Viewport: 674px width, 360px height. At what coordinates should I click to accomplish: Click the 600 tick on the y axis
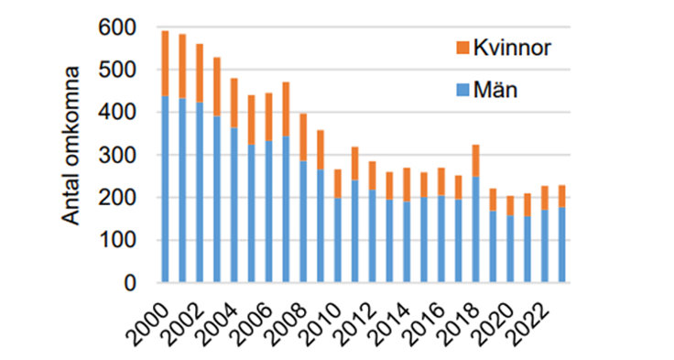tap(123, 28)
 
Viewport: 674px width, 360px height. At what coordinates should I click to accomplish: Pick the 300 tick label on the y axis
tap(123, 156)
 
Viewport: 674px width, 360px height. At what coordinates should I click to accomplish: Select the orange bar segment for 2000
tap(165, 63)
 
